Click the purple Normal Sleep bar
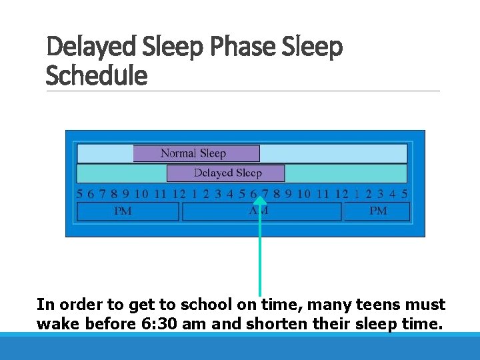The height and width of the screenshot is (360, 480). coord(196,153)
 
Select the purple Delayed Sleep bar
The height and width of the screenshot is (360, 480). coord(225,173)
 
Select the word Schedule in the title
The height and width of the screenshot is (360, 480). coord(96,75)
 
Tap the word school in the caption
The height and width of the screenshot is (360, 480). coord(212,305)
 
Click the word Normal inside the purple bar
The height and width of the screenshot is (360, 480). coord(179,153)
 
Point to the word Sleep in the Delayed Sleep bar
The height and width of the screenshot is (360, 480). coord(247,173)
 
